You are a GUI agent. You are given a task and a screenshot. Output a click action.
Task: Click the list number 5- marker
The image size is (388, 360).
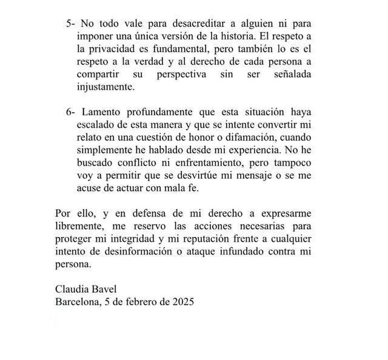(71, 24)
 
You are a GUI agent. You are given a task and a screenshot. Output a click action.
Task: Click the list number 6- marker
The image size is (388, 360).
(71, 113)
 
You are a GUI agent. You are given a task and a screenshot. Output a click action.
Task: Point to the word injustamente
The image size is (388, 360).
(104, 87)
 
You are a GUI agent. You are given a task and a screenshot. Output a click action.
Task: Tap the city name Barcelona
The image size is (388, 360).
(76, 302)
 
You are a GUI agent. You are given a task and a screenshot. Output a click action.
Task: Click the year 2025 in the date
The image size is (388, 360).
(181, 302)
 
